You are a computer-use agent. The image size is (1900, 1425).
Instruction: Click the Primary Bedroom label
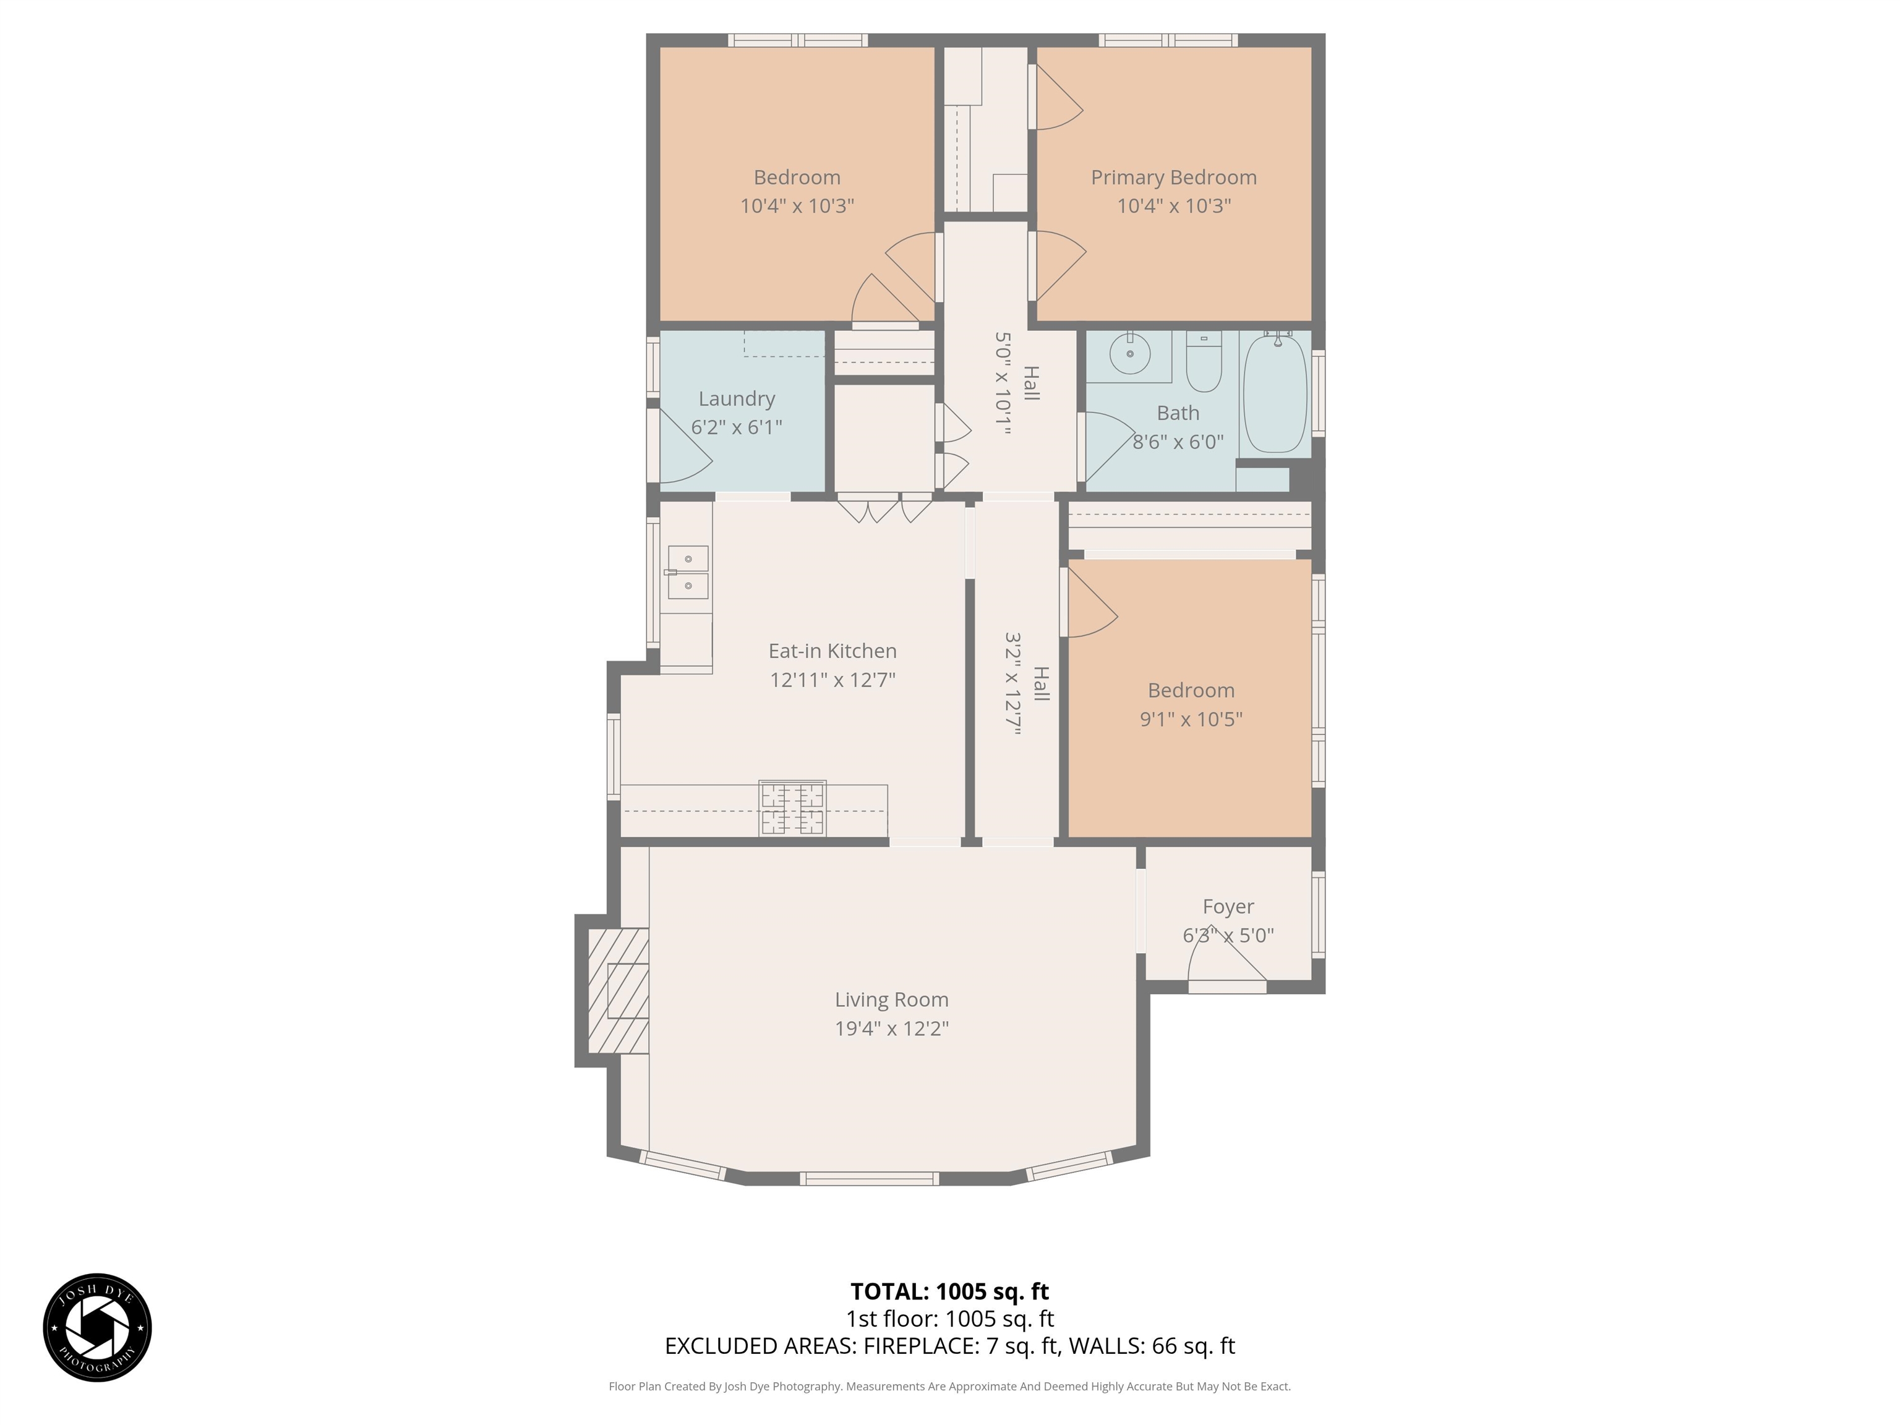(1173, 178)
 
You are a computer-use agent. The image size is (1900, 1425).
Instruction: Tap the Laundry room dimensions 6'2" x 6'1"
(736, 427)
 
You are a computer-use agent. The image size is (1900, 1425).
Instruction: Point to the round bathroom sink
(1131, 353)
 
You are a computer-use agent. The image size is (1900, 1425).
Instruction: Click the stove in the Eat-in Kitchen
(792, 808)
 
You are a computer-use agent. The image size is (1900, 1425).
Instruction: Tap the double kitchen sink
(687, 572)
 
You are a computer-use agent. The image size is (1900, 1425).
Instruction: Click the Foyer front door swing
(1226, 962)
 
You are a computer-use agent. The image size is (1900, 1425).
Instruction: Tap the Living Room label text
(892, 1000)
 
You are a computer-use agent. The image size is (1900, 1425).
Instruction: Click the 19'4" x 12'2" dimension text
(892, 1028)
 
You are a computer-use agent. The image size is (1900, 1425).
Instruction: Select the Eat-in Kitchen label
(832, 651)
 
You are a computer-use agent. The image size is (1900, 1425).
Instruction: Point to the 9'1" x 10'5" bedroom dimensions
(1191, 719)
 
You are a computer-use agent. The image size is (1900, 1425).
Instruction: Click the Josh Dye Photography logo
(97, 1327)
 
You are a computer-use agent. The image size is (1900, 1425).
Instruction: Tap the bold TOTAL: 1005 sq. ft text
(949, 1291)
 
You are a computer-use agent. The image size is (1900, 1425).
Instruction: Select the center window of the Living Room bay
(869, 1178)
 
